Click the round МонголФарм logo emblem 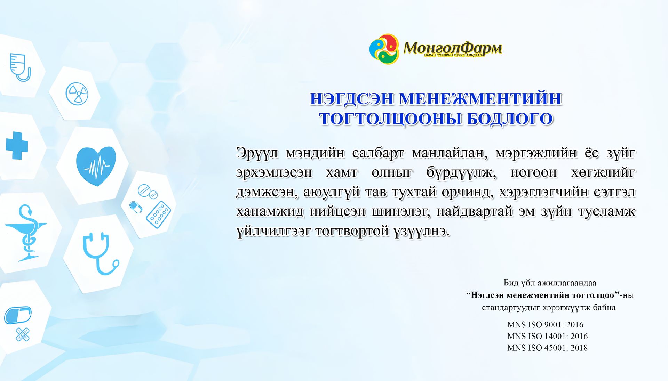tap(384, 49)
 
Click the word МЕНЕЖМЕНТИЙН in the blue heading tap(480, 99)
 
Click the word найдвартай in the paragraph tap(475, 211)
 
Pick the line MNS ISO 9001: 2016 tap(545, 325)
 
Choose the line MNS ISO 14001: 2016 tap(547, 336)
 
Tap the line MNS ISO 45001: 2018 tap(547, 348)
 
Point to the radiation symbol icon tap(77, 94)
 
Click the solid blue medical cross tap(17, 146)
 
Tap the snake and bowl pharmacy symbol tap(26, 233)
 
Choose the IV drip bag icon tap(20, 67)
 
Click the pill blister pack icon tap(158, 214)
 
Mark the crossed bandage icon tap(23, 334)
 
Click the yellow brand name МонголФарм tap(453, 48)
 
